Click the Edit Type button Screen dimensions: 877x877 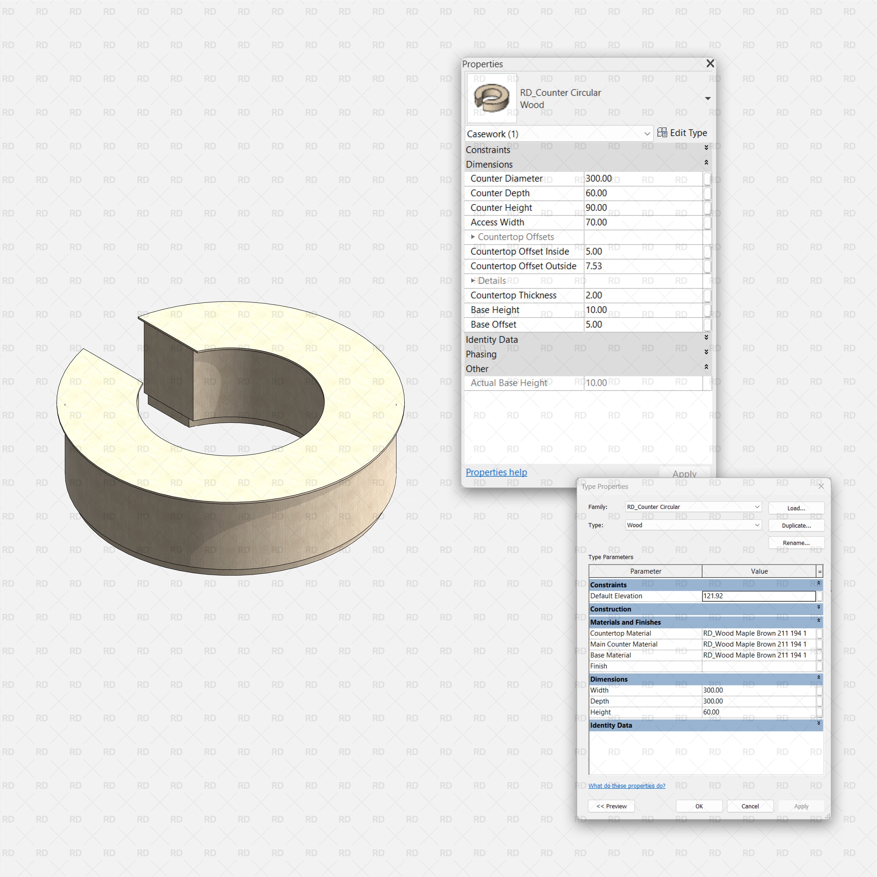[x=682, y=133]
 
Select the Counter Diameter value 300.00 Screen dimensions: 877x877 [x=642, y=178]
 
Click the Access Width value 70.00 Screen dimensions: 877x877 [x=642, y=223]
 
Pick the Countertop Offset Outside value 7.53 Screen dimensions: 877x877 [x=642, y=266]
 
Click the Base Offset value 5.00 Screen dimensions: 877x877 [x=642, y=324]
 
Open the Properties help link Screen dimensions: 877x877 [x=496, y=472]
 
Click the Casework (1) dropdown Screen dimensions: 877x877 [x=558, y=134]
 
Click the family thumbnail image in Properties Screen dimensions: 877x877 [x=492, y=98]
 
